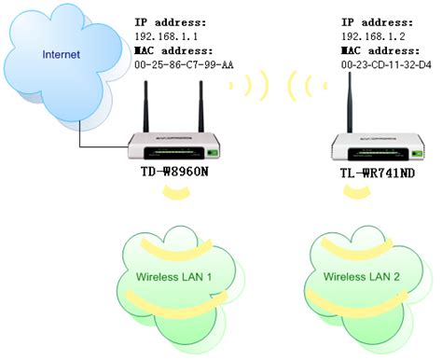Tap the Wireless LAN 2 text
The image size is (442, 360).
point(359,277)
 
